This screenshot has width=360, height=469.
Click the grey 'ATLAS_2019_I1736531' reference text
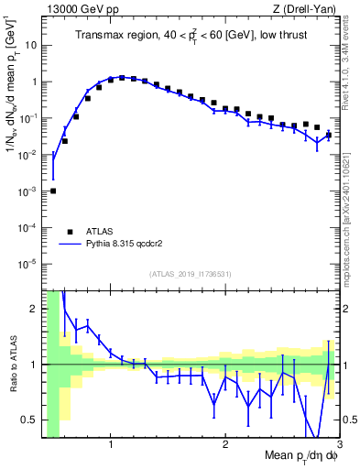tap(190, 274)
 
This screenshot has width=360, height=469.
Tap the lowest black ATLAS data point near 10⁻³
tap(53, 191)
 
